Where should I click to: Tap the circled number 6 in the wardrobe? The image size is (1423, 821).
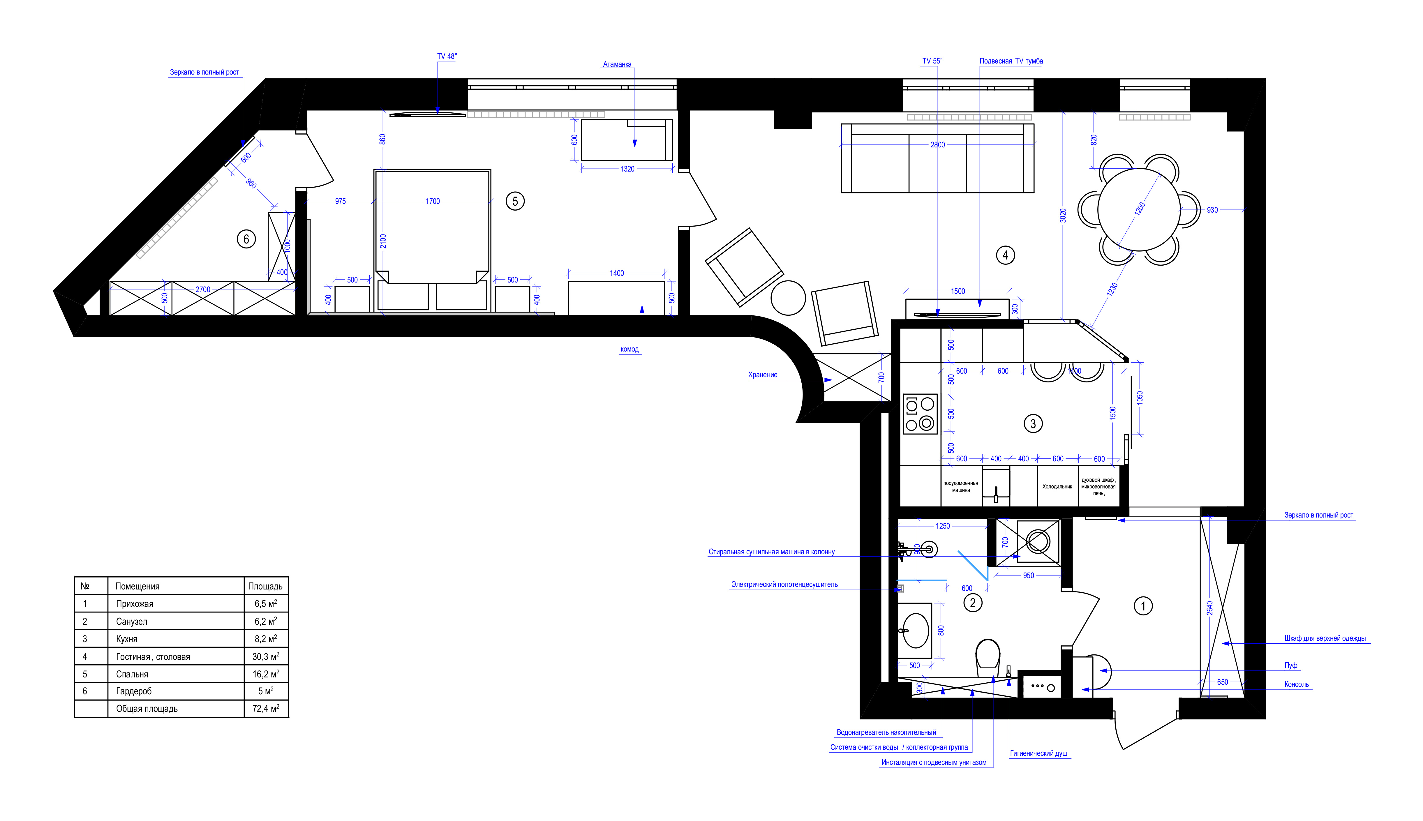tap(246, 239)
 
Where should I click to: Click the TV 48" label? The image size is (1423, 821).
tap(447, 57)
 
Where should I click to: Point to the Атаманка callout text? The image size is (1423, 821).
tap(617, 64)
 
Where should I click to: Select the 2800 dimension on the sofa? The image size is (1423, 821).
tap(937, 145)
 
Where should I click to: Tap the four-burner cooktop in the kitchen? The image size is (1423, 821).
tap(920, 414)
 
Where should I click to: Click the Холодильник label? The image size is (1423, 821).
tap(1057, 487)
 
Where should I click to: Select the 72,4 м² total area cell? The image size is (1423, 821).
tap(266, 709)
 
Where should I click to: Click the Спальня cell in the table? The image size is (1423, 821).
tap(132, 675)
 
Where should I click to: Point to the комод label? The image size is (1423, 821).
tap(629, 349)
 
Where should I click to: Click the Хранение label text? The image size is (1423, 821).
tap(763, 375)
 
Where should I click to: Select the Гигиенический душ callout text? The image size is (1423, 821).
tap(1038, 753)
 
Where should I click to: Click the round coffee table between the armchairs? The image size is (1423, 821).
tap(788, 298)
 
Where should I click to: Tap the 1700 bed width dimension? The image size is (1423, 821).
tap(433, 201)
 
